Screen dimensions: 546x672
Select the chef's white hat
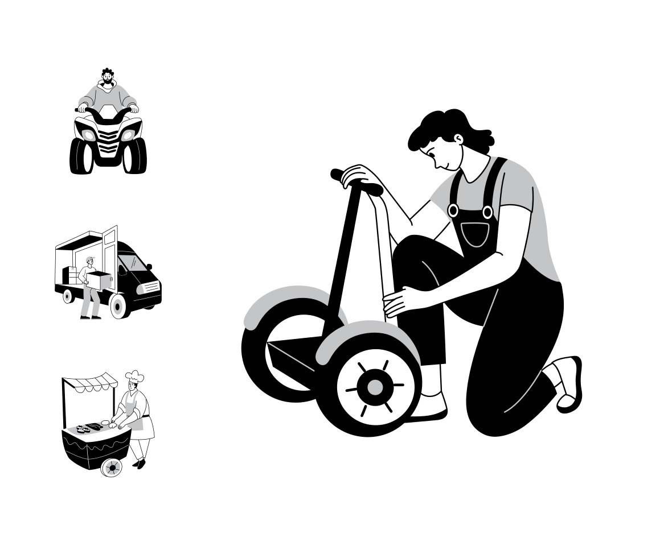coord(134,377)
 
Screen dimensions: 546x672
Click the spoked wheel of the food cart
coord(112,467)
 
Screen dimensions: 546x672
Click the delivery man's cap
coord(88,259)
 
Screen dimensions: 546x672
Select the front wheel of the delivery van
coord(118,305)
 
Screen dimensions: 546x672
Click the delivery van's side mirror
coord(149,266)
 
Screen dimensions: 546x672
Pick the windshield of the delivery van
coord(132,263)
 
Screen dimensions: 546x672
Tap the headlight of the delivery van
coord(149,288)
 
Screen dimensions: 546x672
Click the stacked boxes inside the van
coord(71,276)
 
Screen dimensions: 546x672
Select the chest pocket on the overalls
coord(475,234)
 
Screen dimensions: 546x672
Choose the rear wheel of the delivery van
coord(68,296)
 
